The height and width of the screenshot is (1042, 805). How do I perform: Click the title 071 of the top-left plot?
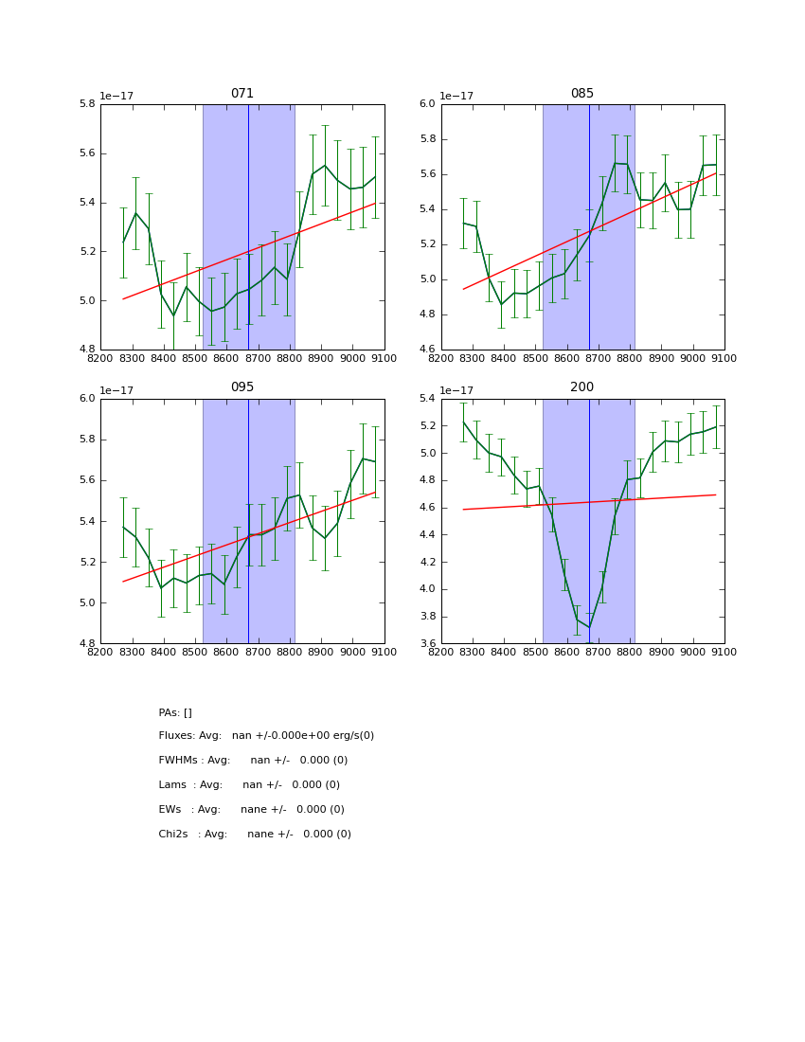[x=242, y=94]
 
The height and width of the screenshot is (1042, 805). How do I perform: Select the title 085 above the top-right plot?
[x=582, y=94]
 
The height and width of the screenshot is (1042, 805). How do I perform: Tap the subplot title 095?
[x=242, y=387]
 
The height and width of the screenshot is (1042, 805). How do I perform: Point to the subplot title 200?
[x=582, y=387]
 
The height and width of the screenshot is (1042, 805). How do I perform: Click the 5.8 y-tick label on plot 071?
[x=85, y=104]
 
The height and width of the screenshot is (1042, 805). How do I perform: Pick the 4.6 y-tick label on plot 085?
[x=425, y=350]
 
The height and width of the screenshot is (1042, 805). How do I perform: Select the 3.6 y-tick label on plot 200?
[x=425, y=644]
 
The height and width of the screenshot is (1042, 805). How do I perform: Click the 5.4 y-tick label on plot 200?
[x=425, y=399]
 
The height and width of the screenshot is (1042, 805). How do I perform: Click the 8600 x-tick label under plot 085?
[x=566, y=358]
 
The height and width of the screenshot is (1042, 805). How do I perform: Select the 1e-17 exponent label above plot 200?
[x=457, y=390]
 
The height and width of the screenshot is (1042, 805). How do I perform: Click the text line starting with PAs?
[x=175, y=712]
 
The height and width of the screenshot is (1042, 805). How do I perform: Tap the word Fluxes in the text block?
[x=176, y=736]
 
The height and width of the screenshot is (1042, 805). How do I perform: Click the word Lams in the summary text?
[x=171, y=785]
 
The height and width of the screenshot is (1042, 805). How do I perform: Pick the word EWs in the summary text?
[x=170, y=810]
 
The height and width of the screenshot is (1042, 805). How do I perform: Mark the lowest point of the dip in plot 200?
[x=589, y=627]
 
